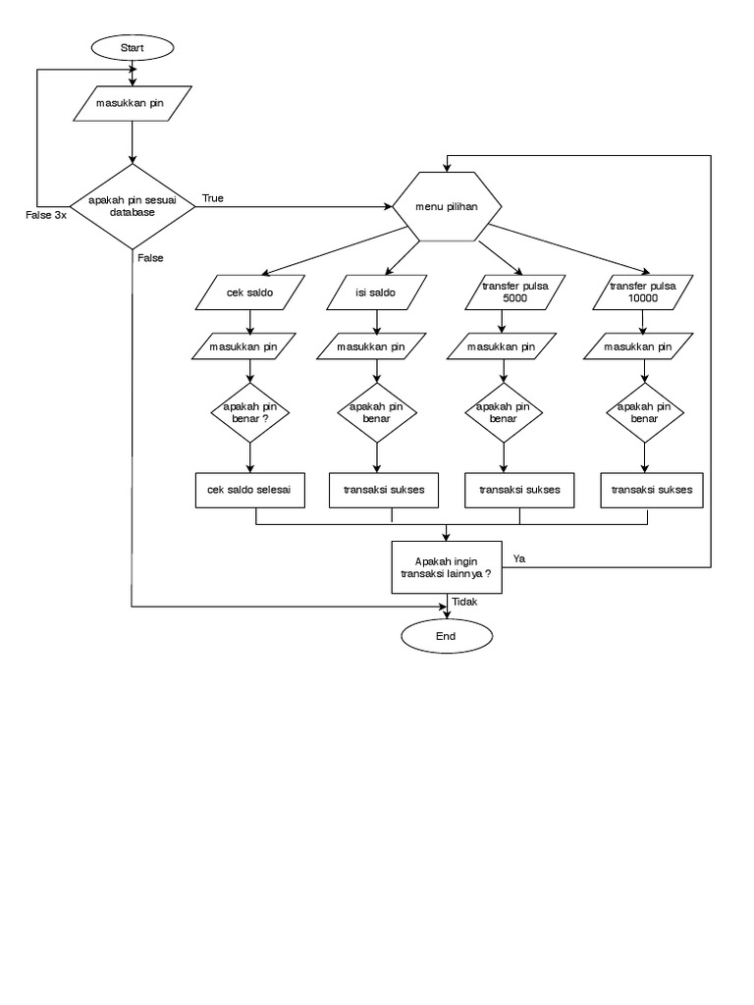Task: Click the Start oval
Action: pyautogui.click(x=132, y=47)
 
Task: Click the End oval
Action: pyautogui.click(x=447, y=635)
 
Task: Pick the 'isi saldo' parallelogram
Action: pyautogui.click(x=374, y=291)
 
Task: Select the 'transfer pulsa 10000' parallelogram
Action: pyautogui.click(x=643, y=291)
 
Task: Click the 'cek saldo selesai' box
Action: pyautogui.click(x=250, y=489)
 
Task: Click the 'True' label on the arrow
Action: pyautogui.click(x=212, y=198)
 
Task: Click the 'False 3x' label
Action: pyautogui.click(x=46, y=215)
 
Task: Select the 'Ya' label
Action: pyautogui.click(x=519, y=557)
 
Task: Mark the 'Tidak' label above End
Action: pyautogui.click(x=465, y=603)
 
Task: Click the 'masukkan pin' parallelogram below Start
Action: pyautogui.click(x=132, y=102)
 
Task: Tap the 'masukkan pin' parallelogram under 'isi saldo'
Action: pyautogui.click(x=371, y=346)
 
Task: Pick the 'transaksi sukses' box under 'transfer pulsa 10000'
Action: pyautogui.click(x=652, y=489)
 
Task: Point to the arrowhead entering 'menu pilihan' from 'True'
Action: pyautogui.click(x=386, y=207)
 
